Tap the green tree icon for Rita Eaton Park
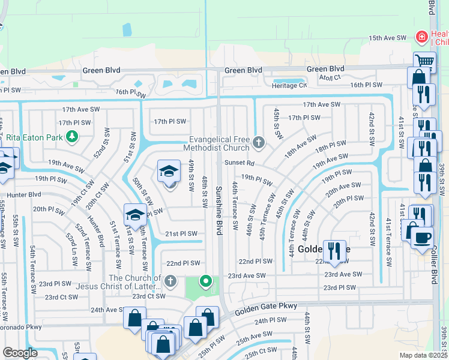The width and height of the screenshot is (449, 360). (72, 137)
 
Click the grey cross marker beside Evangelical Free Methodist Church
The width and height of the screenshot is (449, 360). (259, 142)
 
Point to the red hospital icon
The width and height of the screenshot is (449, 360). (422, 37)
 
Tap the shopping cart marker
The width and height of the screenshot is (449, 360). (424, 61)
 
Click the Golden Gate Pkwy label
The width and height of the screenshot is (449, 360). (267, 307)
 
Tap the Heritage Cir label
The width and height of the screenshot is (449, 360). (290, 86)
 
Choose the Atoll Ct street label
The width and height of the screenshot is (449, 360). (330, 77)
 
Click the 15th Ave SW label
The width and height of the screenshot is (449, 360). (388, 38)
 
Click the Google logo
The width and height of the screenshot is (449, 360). (20, 353)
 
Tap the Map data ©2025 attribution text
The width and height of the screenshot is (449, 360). (415, 355)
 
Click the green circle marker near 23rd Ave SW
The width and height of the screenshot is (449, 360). (206, 281)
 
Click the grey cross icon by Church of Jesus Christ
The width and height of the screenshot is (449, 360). (170, 281)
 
